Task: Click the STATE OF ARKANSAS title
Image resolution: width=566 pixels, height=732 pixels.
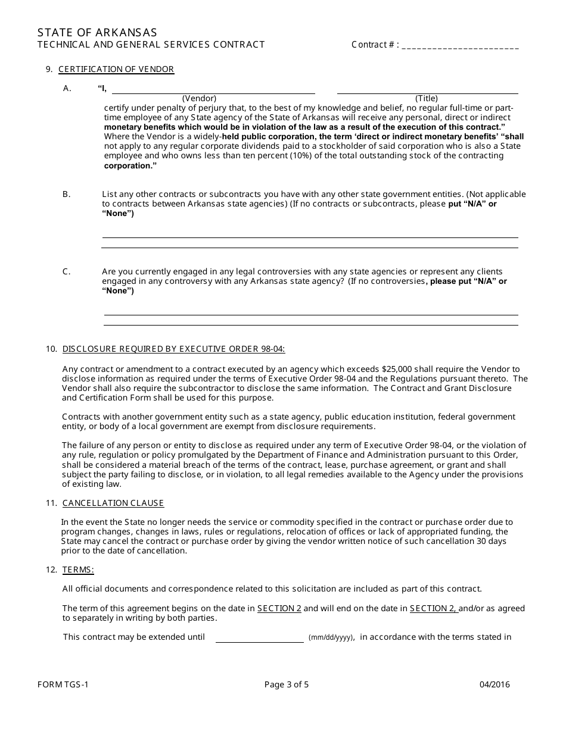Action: (x=97, y=32)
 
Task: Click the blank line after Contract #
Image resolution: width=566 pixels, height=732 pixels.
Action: (x=461, y=46)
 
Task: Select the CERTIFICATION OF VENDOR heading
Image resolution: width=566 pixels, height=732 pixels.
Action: (x=116, y=70)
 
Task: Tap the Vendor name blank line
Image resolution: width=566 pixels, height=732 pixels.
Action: (x=213, y=90)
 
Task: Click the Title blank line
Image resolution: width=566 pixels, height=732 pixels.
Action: (x=427, y=90)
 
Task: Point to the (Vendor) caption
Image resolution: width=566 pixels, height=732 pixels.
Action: (x=199, y=99)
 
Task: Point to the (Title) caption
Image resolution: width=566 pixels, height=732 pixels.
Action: (x=427, y=99)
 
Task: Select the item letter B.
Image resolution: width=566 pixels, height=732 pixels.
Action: (x=67, y=195)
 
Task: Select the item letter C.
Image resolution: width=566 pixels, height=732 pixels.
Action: (x=67, y=272)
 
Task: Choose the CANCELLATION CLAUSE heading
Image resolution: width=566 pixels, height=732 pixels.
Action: (x=113, y=503)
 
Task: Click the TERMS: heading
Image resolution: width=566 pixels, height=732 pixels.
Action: (x=78, y=570)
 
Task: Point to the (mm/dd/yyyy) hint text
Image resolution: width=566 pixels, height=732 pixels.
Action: (x=331, y=638)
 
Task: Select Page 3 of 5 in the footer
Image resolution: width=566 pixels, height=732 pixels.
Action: (x=287, y=685)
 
